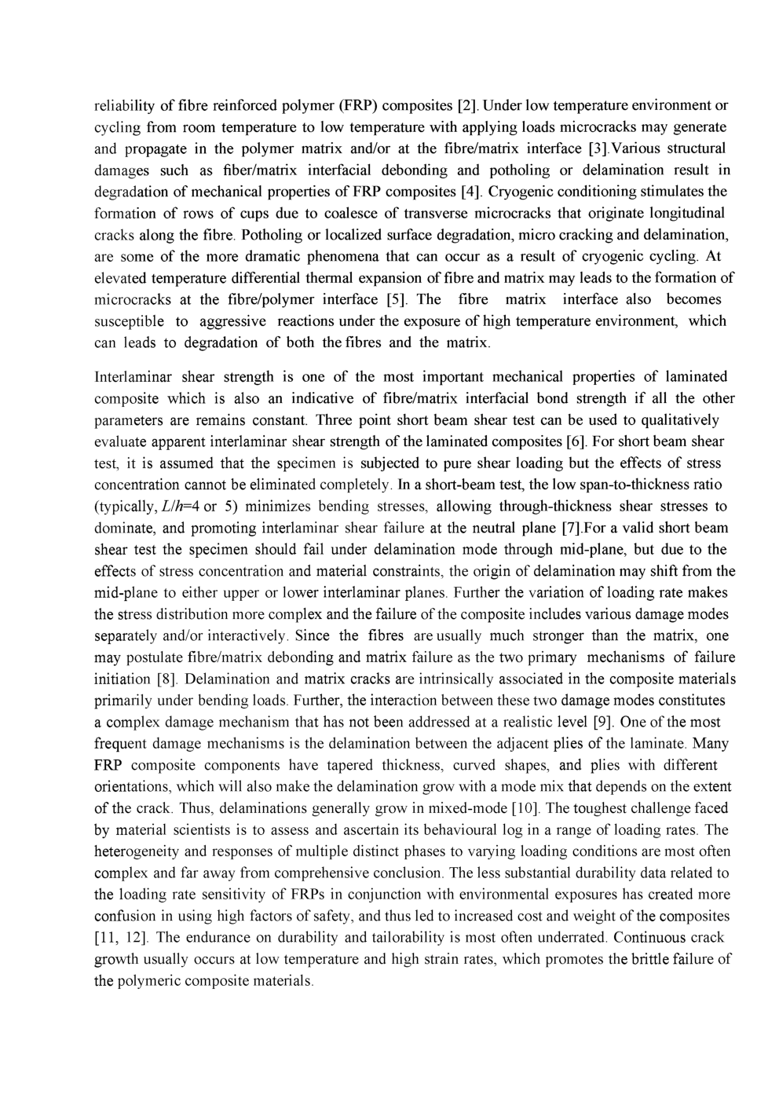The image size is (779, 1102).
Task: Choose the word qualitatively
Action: point(680,419)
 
